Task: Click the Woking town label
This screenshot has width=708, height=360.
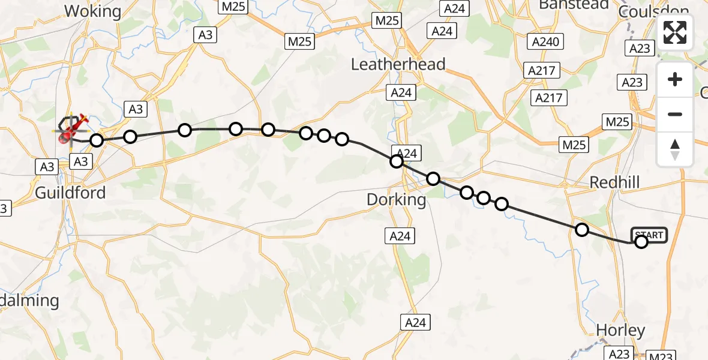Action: [92, 11]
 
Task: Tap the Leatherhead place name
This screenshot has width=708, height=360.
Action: [398, 64]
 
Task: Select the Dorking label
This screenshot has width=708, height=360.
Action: [397, 199]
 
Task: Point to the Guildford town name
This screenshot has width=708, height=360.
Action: [70, 193]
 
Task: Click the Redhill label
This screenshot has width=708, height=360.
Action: [615, 182]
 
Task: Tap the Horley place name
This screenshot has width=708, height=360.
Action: [620, 330]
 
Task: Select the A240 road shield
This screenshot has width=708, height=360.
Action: [545, 41]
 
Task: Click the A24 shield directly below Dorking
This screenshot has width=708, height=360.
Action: [400, 236]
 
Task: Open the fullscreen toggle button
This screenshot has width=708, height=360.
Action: [675, 32]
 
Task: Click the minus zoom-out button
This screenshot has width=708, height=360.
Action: [675, 114]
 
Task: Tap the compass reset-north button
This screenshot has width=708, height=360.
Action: [675, 149]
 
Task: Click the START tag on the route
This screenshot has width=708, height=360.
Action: [649, 235]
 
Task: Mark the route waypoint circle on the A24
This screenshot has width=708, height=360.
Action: [397, 161]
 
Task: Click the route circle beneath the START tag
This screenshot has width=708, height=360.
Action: [641, 242]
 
